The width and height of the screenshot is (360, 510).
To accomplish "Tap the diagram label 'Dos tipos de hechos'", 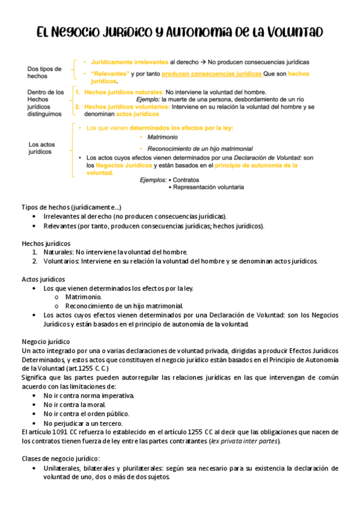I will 44,73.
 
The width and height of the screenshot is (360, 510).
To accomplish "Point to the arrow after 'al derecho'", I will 204,62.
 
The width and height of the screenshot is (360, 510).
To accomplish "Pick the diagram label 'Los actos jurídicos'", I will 42,148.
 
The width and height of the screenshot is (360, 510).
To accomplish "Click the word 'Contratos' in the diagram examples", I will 188,180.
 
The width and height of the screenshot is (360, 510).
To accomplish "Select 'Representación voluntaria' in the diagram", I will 208,187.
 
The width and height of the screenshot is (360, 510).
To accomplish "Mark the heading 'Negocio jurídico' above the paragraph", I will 46,341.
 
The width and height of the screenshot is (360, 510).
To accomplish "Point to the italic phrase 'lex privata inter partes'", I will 244,441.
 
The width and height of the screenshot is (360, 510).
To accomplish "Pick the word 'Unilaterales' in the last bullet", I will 64,468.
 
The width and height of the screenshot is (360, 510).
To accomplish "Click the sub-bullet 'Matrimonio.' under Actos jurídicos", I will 84,297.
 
